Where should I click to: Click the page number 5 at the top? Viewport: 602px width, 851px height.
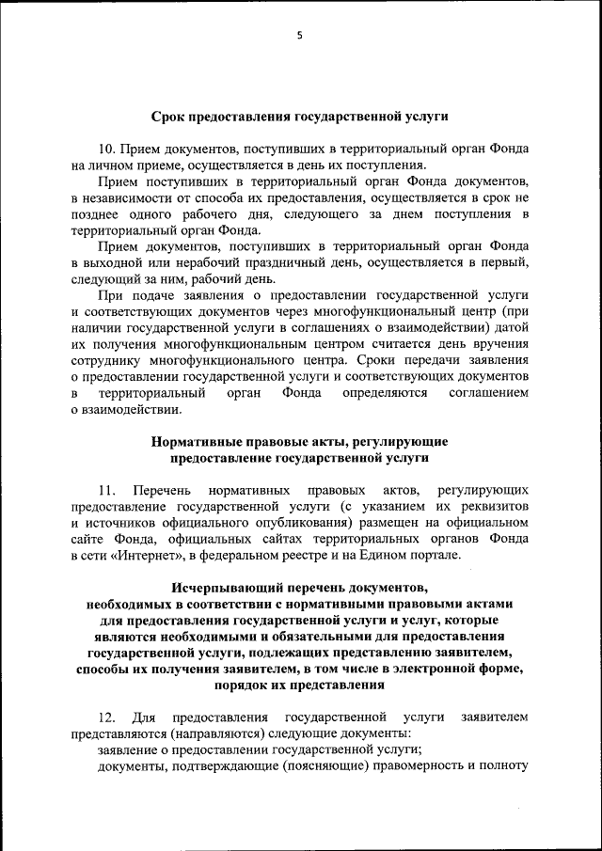[300, 36]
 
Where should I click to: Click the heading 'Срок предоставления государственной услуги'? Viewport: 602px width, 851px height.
[299, 118]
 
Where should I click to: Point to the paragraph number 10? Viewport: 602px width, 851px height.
[107, 150]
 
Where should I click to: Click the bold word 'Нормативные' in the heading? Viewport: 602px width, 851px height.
[192, 441]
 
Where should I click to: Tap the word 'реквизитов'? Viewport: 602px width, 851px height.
[493, 507]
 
